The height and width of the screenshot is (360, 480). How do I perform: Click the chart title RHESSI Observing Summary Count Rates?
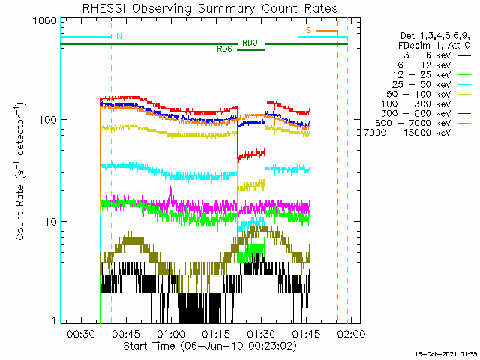(210, 8)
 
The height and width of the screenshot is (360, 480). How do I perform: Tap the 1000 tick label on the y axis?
(45, 21)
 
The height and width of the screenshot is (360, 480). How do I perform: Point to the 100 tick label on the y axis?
(48, 120)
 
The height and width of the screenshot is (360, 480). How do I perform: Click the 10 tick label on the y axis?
(51, 222)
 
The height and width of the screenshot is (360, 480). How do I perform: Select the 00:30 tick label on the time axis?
(81, 333)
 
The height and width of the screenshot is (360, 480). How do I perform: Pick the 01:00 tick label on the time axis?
(171, 333)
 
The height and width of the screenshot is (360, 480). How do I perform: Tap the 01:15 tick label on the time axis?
(216, 333)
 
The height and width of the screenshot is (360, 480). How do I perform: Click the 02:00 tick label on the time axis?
(351, 333)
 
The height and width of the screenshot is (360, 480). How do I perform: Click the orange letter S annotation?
(309, 30)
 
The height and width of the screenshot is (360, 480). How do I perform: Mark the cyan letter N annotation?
(119, 36)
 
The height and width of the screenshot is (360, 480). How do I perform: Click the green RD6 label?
(224, 49)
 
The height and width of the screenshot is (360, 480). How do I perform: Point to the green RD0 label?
(250, 43)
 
